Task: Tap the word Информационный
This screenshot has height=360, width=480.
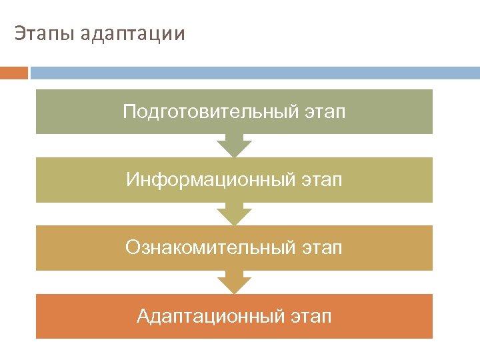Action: coord(209,180)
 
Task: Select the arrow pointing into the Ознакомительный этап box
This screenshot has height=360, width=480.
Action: coord(234,214)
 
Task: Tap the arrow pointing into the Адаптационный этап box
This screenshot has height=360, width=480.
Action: coord(234,282)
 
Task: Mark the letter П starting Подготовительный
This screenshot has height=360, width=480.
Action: coord(129,111)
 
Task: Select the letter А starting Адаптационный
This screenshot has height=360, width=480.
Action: coord(143,315)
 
